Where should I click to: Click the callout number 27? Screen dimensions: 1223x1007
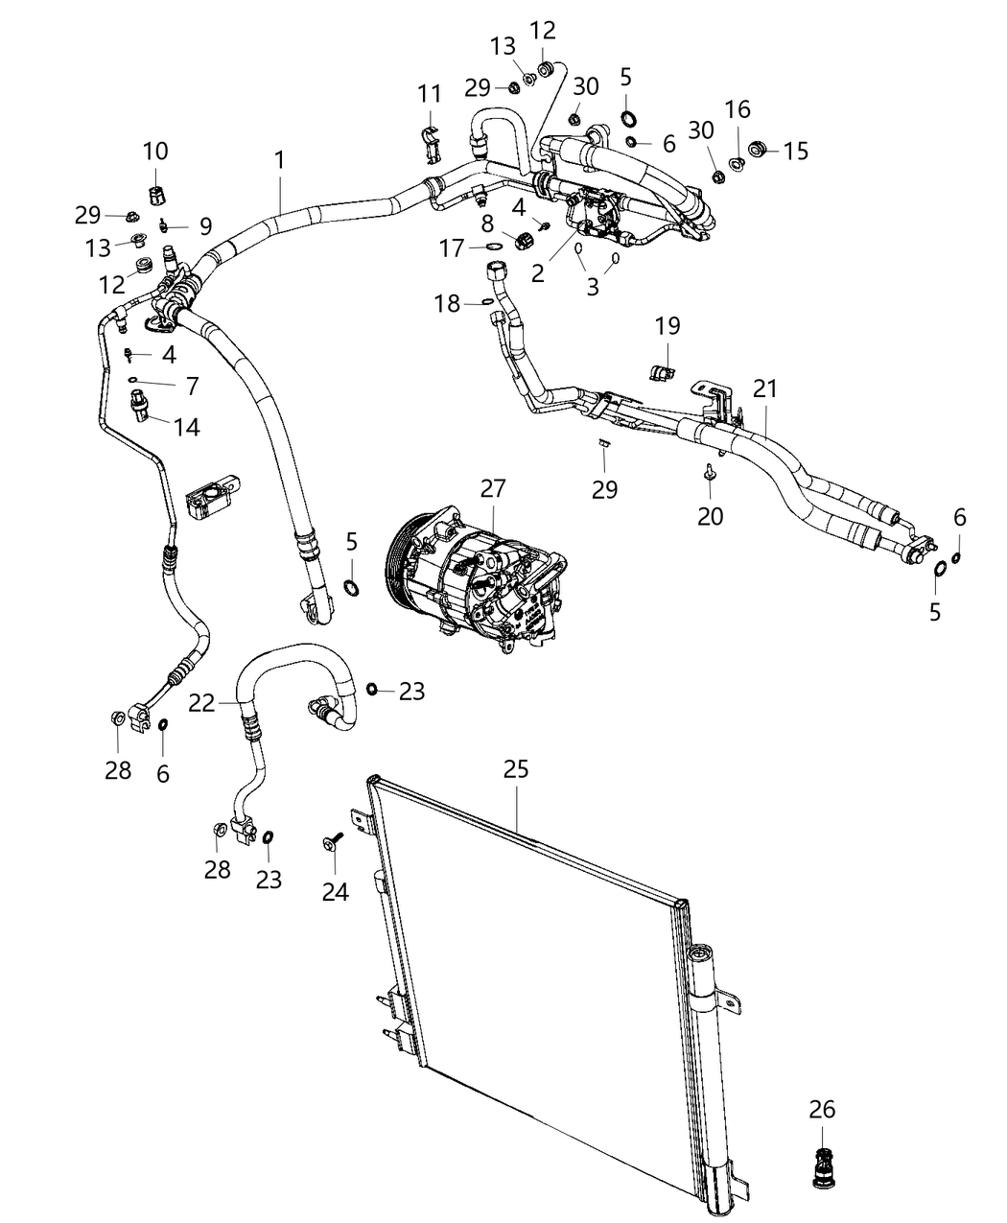pos(492,488)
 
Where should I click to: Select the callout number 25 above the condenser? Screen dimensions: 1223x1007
pos(516,769)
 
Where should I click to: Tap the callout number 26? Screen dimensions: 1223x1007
pos(822,1110)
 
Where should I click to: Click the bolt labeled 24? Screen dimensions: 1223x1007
pos(331,841)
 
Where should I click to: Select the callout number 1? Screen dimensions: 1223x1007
pos(279,160)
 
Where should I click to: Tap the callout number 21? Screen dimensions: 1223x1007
pos(765,388)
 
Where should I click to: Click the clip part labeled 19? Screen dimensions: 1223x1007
pos(661,370)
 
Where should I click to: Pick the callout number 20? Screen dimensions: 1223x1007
pos(710,516)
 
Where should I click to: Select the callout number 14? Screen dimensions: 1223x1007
pos(187,427)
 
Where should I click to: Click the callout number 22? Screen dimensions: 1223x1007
pos(201,703)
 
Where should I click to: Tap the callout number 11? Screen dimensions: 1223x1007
pos(430,94)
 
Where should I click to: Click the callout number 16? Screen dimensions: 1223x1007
pos(738,109)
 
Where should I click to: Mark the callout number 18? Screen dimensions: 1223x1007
pos(447,303)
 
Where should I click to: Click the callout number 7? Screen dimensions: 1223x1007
pos(192,386)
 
